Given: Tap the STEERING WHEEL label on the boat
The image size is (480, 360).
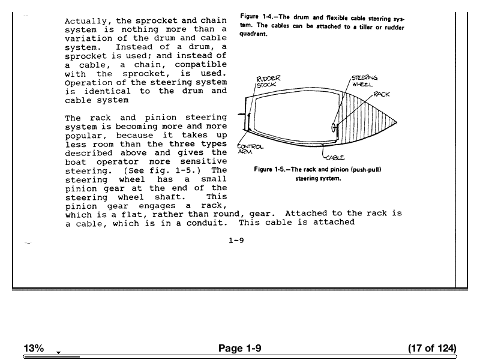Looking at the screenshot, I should (364, 81).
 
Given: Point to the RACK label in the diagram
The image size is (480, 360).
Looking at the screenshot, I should (382, 94).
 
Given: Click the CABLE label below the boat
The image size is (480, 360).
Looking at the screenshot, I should (335, 158).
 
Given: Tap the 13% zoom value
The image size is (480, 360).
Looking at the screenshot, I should (34, 349).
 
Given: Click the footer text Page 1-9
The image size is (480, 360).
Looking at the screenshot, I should (240, 349).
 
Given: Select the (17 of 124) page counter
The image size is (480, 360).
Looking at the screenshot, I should (431, 349).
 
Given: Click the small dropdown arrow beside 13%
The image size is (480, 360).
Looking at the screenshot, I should (58, 352).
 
